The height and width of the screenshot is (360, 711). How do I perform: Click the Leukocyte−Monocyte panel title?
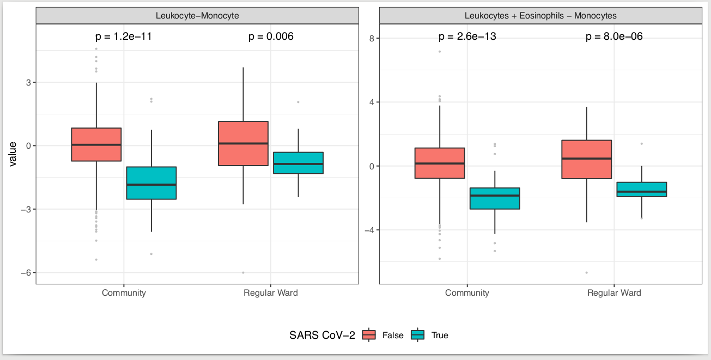tap(197, 16)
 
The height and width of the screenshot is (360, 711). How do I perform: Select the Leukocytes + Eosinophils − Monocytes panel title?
tap(540, 16)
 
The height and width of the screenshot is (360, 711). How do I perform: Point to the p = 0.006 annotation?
tap(271, 37)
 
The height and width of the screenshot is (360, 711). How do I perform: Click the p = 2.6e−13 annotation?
tap(467, 37)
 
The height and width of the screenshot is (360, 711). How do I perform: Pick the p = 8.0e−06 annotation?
tap(614, 37)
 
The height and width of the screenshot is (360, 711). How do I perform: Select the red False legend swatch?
tap(369, 335)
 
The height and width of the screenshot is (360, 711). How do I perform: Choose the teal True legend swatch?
tap(418, 335)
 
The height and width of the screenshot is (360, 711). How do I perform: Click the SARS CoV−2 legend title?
tap(322, 335)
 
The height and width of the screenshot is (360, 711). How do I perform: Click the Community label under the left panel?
tap(124, 293)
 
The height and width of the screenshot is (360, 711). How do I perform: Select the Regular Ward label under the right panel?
tap(614, 293)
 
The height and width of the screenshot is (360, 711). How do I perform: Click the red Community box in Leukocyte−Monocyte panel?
tap(96, 144)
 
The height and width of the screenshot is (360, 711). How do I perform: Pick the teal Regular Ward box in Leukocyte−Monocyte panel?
tap(298, 163)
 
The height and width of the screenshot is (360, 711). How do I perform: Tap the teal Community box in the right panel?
tap(494, 198)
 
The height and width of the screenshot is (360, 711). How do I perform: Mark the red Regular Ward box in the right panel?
tap(587, 159)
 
